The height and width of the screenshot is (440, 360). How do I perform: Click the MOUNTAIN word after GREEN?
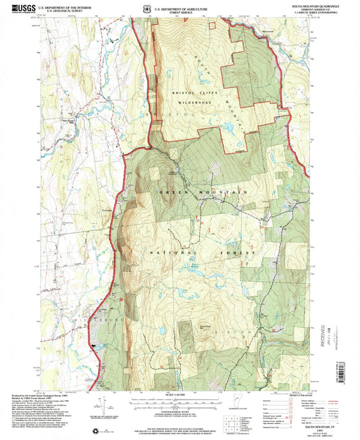223,193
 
